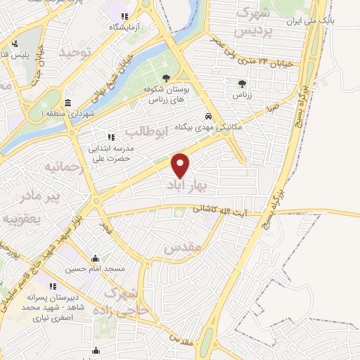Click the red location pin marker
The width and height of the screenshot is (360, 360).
coord(181,165)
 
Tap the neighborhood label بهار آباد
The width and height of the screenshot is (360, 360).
coord(186,185)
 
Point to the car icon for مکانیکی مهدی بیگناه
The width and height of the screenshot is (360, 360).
coord(208,116)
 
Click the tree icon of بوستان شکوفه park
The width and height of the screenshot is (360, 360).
coord(167,79)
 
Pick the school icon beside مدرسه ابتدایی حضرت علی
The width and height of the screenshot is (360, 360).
coord(110,137)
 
